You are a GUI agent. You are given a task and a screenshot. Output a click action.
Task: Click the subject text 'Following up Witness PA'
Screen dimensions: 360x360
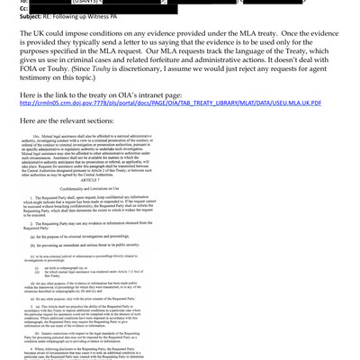(x=94, y=19)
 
